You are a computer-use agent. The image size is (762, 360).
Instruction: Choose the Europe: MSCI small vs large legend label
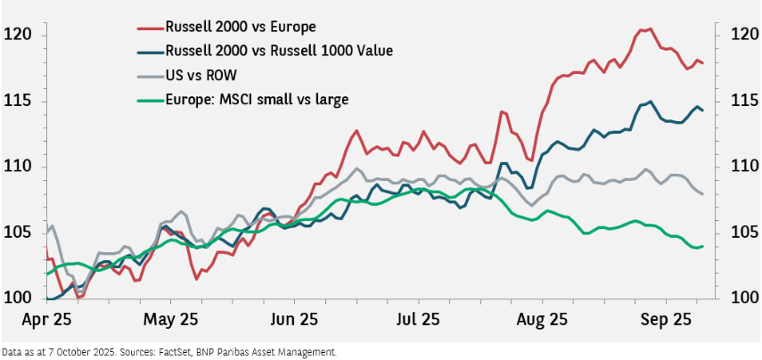(257, 98)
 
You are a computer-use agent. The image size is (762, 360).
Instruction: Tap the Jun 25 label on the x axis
(295, 318)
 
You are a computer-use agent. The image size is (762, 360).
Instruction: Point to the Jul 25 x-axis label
(417, 318)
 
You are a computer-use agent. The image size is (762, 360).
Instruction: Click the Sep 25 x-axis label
(668, 318)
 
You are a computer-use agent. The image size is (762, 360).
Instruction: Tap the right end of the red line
(702, 62)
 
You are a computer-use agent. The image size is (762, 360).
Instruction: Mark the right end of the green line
(702, 246)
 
